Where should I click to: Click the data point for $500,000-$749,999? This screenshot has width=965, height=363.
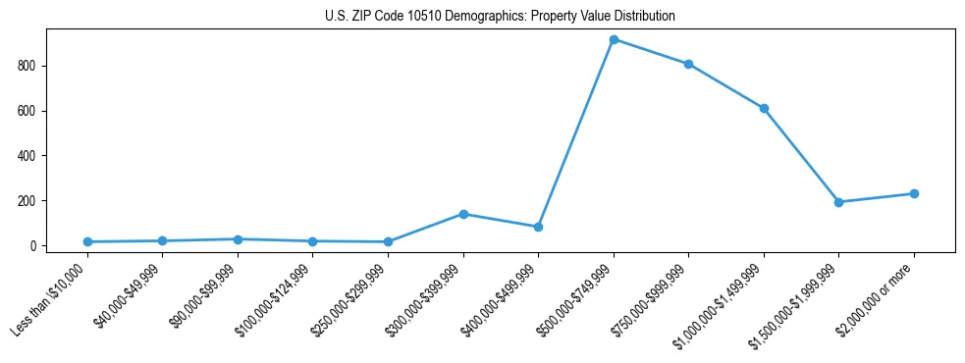614,40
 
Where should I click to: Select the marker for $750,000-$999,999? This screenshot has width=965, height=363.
689,65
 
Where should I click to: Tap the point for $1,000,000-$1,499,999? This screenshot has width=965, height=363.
764,109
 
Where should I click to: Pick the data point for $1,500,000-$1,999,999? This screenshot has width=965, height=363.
838,202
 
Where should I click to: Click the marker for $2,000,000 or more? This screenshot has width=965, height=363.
914,193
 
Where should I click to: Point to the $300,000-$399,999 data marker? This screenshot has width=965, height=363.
463,214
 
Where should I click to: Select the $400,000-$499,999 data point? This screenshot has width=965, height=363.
538,227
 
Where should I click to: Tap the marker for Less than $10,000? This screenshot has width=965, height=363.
87,241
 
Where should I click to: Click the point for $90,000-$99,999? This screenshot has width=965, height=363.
238,239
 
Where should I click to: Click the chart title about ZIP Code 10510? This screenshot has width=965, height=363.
500,17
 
